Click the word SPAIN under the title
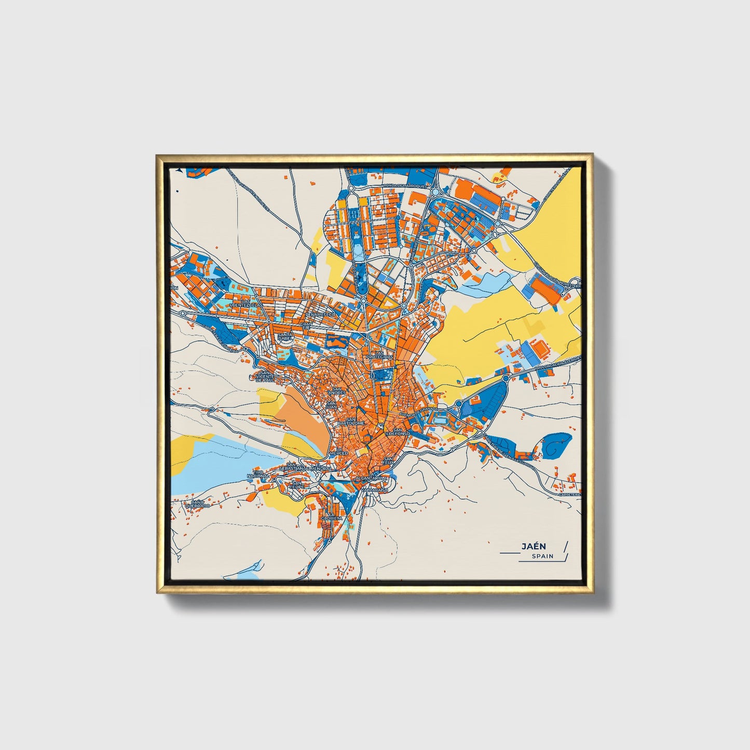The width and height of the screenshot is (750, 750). point(542,556)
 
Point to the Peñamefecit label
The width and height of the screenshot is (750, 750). point(320,315)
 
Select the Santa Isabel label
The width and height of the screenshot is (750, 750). point(285,337)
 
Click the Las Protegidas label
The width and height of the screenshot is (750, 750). point(380,355)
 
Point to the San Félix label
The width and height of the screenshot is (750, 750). point(388,460)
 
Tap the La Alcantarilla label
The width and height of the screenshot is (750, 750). point(370,478)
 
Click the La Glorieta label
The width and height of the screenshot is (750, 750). point(331,516)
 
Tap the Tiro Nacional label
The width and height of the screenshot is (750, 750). point(258,474)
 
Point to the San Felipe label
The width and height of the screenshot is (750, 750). point(297,485)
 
